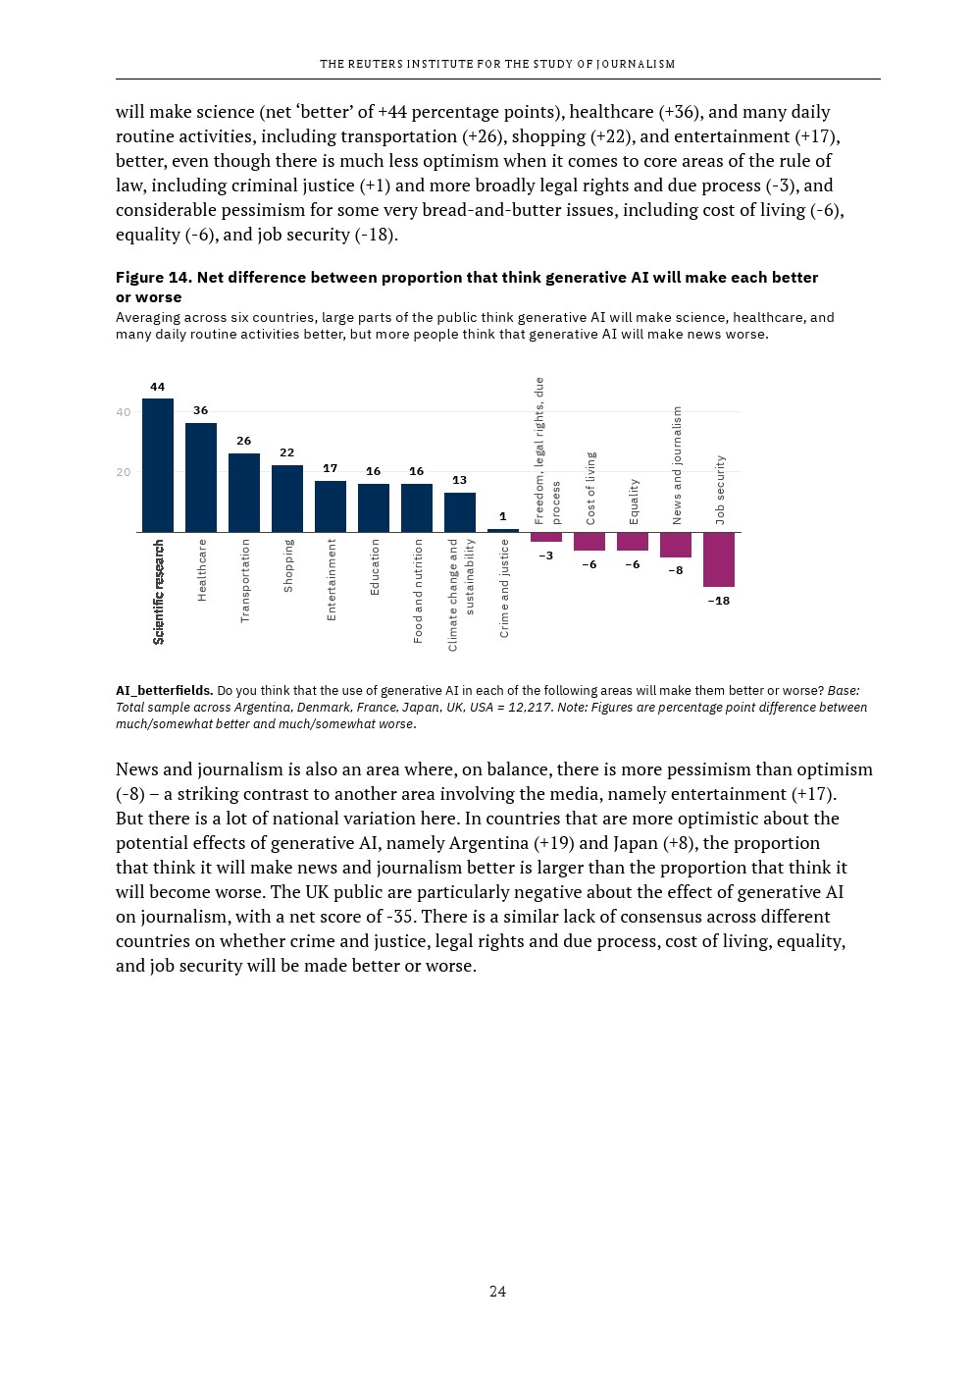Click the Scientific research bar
(x=158, y=465)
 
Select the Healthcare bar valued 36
(x=201, y=478)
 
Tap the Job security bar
(x=719, y=559)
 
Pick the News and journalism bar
(x=676, y=545)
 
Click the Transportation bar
(x=244, y=493)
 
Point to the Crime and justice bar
(x=503, y=531)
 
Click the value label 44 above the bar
(x=158, y=387)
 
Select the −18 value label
(x=719, y=601)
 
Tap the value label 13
(x=459, y=480)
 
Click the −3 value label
(x=546, y=556)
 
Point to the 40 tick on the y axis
(x=123, y=412)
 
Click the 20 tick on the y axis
(x=123, y=472)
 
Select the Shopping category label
(x=288, y=565)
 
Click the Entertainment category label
(x=332, y=579)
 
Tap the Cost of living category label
(x=590, y=488)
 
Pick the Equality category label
(x=634, y=501)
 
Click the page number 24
(x=497, y=1292)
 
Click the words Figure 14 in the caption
(x=152, y=278)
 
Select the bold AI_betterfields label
(x=164, y=691)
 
